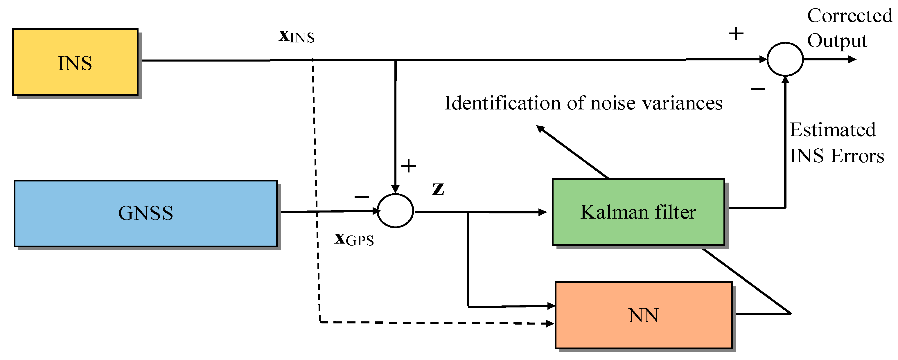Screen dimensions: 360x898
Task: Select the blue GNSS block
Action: [146, 213]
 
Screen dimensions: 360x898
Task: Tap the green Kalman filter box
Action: [638, 212]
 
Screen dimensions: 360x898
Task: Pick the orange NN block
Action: [644, 315]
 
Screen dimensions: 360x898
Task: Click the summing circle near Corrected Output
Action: [785, 59]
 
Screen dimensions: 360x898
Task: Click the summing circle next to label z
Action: [395, 211]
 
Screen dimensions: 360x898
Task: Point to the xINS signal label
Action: [297, 36]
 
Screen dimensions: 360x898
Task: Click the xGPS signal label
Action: [354, 240]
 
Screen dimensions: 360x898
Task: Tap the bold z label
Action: [438, 189]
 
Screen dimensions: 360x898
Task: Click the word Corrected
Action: [849, 16]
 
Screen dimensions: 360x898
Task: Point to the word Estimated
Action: [832, 130]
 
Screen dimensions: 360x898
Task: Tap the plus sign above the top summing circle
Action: [736, 34]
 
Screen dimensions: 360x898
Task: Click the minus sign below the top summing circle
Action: [758, 89]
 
